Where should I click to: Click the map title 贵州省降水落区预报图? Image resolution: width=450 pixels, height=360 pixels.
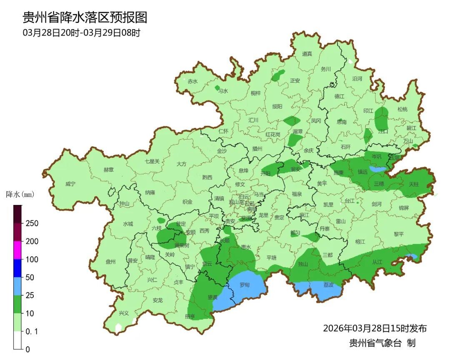[85, 17]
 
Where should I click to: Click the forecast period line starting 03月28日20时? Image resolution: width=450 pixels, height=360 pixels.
[81, 32]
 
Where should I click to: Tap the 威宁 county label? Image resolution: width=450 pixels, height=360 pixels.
[70, 184]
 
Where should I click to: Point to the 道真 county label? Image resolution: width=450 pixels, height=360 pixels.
[307, 54]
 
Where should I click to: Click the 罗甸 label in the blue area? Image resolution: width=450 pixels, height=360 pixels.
[244, 285]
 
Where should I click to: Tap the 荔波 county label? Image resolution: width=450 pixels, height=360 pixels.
[328, 285]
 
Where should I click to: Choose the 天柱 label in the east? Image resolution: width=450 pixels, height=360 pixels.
[413, 184]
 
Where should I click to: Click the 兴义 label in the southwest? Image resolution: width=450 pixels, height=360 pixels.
[124, 313]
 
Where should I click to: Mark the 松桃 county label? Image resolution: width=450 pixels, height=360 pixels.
[402, 110]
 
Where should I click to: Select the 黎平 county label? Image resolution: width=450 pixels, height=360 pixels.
[399, 234]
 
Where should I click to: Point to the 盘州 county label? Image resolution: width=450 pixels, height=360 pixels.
[110, 262]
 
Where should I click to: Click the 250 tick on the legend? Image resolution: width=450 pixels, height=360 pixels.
[32, 223]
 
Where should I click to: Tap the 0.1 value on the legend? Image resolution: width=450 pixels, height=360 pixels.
[32, 331]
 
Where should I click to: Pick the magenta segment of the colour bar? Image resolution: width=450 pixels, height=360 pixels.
[17, 250]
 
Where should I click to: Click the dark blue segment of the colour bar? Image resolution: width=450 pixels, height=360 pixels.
[17, 268]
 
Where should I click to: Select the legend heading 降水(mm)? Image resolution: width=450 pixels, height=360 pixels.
[20, 194]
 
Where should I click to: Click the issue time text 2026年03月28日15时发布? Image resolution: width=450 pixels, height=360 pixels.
[375, 328]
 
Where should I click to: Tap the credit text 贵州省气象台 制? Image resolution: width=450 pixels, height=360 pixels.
[382, 343]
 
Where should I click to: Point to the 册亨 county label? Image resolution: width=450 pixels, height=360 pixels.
[190, 316]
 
